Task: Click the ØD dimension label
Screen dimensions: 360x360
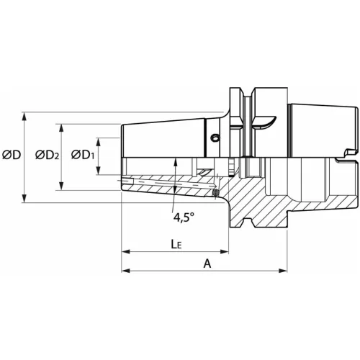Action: pos(11,154)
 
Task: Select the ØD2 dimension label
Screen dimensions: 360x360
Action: pos(48,154)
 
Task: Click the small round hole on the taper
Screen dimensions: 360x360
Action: pos(212,138)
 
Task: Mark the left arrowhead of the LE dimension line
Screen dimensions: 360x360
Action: pos(125,252)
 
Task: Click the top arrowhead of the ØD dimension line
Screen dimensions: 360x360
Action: pos(27,114)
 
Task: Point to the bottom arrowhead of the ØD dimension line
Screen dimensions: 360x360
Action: pos(27,199)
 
